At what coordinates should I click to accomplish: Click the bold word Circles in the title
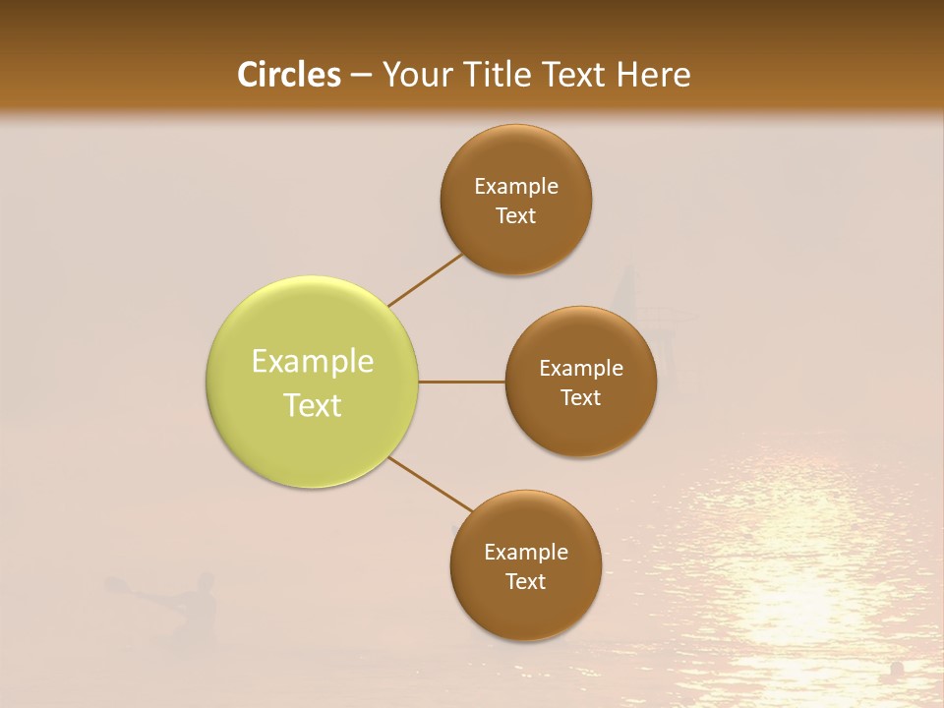click(x=289, y=75)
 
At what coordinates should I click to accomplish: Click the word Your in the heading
click(x=415, y=75)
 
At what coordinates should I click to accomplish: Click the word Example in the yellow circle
click(x=313, y=362)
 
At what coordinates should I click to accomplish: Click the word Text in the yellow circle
click(x=313, y=405)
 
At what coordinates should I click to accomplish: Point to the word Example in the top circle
click(x=516, y=187)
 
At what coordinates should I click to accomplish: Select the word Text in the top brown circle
click(x=516, y=216)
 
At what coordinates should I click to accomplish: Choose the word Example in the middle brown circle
click(x=581, y=369)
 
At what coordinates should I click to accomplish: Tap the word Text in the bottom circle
click(x=526, y=581)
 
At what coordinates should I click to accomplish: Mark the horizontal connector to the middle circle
click(x=462, y=382)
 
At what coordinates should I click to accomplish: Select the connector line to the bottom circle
click(x=431, y=485)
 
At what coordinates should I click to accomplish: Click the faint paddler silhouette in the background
click(x=187, y=605)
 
